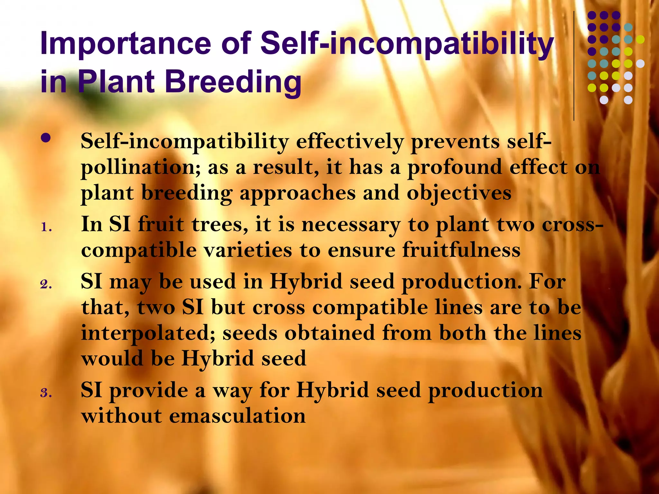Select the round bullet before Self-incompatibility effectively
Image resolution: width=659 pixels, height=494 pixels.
point(46,138)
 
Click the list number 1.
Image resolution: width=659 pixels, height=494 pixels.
point(46,228)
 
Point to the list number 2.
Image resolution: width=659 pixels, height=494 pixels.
point(46,284)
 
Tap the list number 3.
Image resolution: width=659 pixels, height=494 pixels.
point(46,393)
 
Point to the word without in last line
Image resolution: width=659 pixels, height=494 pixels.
point(122,416)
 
